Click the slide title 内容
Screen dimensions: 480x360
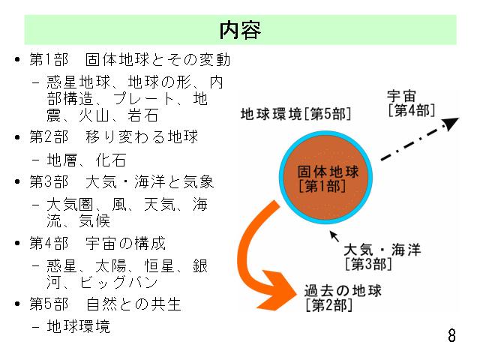pos(240,30)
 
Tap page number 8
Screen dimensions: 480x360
pos(451,335)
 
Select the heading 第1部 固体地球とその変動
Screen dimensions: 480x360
pos(130,59)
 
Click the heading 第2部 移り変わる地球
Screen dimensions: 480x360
pos(114,136)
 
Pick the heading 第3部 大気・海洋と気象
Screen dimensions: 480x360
pos(121,181)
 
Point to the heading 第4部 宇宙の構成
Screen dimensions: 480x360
pos(97,243)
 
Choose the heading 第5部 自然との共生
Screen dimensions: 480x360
pos(106,304)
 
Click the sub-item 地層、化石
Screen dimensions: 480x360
pos(86,160)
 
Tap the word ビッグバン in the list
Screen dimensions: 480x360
pos(118,283)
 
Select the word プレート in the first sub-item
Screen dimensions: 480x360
pos(143,99)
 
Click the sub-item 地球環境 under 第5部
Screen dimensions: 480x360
pos(78,326)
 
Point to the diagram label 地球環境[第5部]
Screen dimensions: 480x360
pos(295,114)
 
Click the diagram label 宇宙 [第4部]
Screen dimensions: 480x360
pos(411,103)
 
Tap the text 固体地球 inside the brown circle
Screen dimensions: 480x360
pos(328,172)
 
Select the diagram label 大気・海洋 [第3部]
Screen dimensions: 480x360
pos(382,257)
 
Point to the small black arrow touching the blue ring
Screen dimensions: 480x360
pos(334,236)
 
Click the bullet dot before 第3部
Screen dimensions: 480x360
pos(17,181)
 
